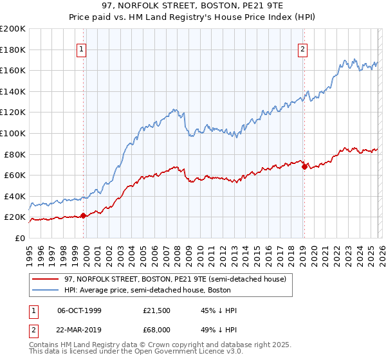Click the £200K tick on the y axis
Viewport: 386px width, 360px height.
click(x=13, y=29)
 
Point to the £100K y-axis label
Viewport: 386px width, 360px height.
click(x=13, y=133)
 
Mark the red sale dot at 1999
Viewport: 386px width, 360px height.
click(x=83, y=215)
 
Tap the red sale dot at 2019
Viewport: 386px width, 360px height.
click(x=304, y=166)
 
